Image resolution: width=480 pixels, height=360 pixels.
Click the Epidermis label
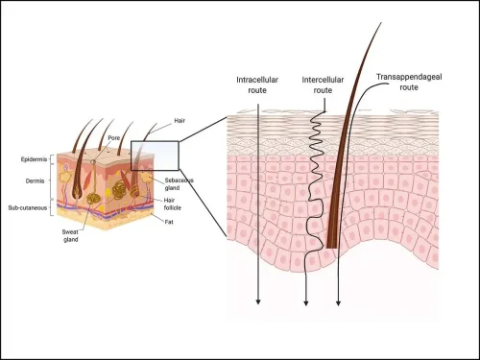tap(34, 159)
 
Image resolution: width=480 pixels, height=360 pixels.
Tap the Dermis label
tap(35, 181)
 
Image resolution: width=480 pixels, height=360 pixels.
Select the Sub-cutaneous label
tap(28, 208)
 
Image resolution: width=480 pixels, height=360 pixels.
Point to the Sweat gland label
tap(70, 235)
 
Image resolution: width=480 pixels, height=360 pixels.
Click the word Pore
tap(113, 138)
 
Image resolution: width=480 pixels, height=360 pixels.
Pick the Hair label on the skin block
tap(180, 121)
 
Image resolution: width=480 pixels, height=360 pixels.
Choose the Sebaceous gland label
tap(179, 184)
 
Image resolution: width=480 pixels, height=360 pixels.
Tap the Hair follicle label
tap(172, 204)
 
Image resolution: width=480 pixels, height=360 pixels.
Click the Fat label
tap(169, 222)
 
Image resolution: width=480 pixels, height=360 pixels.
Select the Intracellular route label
tap(257, 84)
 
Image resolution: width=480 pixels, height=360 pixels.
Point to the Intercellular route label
tap(323, 84)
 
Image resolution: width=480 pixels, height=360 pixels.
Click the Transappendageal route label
tap(409, 82)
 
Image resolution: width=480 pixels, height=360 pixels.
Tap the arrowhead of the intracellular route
tap(258, 301)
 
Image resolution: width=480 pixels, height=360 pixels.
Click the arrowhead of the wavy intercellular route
tap(306, 303)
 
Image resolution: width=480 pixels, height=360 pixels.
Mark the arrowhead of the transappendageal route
tap(338, 303)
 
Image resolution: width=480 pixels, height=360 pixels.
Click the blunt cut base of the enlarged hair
tap(332, 247)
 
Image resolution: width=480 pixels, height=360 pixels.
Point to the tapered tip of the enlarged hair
tap(381, 23)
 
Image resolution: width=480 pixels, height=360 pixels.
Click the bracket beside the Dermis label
tap(52, 181)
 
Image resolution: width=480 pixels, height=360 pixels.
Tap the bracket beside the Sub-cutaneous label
tap(52, 207)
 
